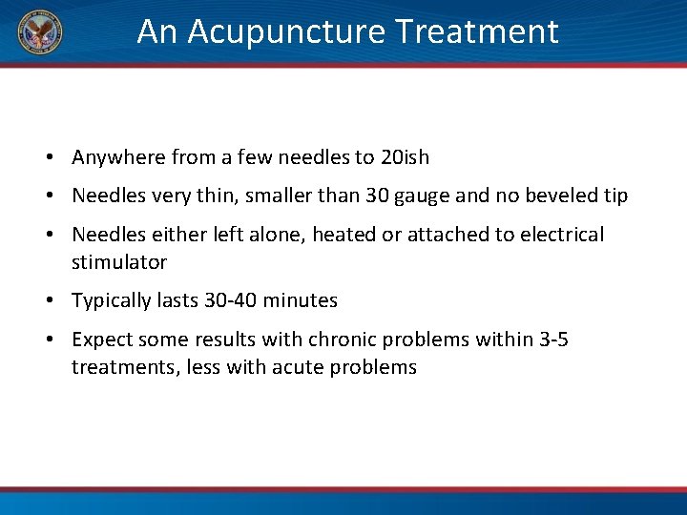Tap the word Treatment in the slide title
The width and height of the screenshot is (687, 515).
(x=477, y=32)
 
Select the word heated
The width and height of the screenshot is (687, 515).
(x=342, y=235)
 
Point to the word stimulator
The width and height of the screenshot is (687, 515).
(x=119, y=262)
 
